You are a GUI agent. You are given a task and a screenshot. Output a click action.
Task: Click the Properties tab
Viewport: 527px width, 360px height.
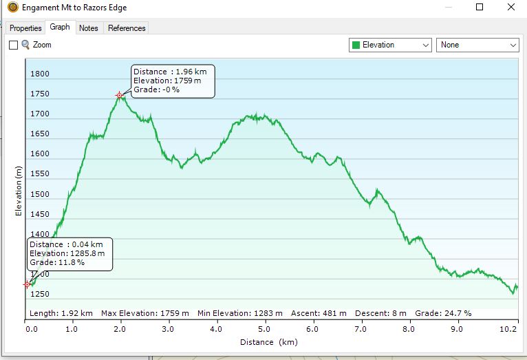point(25,28)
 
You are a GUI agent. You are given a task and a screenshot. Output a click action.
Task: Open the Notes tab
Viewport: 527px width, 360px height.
point(88,28)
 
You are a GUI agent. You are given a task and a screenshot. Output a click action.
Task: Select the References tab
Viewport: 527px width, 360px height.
point(127,28)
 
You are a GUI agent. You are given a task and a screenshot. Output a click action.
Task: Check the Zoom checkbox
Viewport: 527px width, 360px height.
point(14,45)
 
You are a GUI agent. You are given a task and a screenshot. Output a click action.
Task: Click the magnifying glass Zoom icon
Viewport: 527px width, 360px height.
point(25,45)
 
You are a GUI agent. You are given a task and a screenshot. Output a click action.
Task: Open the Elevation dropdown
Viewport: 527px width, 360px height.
point(390,45)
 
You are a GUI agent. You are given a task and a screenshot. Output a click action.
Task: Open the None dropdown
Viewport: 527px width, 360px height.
point(477,45)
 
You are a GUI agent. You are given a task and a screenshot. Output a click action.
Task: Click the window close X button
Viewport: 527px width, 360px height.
point(511,7)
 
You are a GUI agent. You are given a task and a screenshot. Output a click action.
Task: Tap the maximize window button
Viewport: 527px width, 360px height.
point(480,7)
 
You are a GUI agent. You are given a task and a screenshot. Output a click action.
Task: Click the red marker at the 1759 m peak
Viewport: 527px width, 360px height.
point(119,96)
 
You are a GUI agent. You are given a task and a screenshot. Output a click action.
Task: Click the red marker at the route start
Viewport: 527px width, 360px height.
point(28,284)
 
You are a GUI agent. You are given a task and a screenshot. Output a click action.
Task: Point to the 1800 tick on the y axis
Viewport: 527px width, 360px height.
point(40,74)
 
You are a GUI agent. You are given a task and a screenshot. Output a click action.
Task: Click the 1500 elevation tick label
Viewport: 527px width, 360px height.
point(40,194)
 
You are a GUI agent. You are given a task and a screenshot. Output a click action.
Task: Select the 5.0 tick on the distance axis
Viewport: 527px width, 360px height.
point(263,329)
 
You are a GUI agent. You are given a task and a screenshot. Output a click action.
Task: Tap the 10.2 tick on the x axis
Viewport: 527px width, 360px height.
point(508,329)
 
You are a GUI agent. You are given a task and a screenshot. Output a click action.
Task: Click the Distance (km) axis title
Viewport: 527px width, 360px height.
point(269,342)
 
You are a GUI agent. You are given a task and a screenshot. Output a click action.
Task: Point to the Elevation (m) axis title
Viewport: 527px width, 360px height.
point(18,191)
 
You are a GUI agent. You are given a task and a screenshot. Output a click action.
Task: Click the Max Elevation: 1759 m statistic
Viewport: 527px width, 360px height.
point(145,313)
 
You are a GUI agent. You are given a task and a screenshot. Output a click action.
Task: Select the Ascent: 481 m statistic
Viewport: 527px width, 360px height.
point(319,313)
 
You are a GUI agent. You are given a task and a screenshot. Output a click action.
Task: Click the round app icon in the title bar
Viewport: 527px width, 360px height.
point(13,7)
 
